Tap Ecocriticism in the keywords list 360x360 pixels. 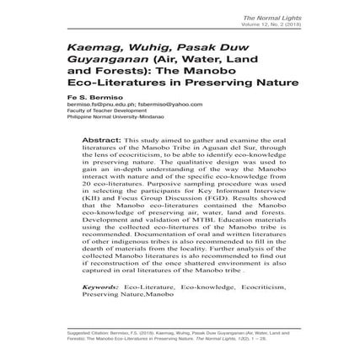pyautogui.click(x=252, y=287)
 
